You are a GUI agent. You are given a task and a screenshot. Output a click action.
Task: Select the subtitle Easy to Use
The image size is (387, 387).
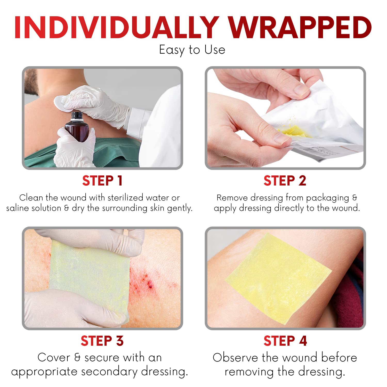click(192, 50)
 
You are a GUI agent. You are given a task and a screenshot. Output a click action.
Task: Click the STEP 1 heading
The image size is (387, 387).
click(102, 181)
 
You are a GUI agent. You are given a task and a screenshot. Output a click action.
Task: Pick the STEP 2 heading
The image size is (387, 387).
click(285, 181)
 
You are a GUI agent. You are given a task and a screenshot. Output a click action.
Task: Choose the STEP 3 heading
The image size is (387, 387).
click(102, 341)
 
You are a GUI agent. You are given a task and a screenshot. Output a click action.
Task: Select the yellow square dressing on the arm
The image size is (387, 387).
click(279, 279)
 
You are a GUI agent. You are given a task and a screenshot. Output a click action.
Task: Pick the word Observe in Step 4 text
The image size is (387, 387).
click(235, 358)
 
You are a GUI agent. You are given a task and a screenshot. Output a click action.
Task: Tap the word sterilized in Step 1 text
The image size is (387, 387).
click(125, 198)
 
